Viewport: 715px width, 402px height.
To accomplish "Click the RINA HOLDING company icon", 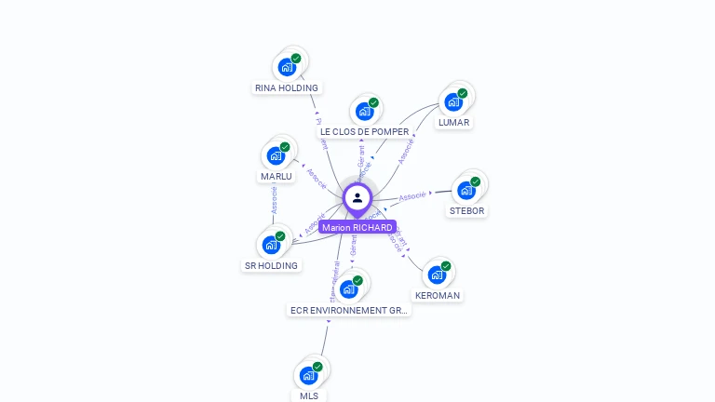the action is pyautogui.click(x=287, y=67).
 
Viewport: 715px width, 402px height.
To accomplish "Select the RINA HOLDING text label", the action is pyautogui.click(x=287, y=88).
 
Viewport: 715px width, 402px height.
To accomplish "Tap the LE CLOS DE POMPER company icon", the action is pyautogui.click(x=364, y=111).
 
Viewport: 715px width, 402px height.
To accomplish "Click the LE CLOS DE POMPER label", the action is pyautogui.click(x=365, y=132).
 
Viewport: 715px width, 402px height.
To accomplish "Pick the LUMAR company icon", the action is pyautogui.click(x=453, y=101).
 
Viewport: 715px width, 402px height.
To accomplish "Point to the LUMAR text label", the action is pyautogui.click(x=454, y=123).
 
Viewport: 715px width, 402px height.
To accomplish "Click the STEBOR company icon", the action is pyautogui.click(x=466, y=190).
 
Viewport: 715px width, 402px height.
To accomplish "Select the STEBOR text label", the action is pyautogui.click(x=466, y=211).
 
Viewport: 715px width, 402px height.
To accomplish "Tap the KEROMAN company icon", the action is pyautogui.click(x=437, y=275).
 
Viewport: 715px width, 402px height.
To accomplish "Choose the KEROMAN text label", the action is pyautogui.click(x=438, y=296).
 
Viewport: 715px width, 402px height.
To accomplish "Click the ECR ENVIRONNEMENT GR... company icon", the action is pyautogui.click(x=349, y=288).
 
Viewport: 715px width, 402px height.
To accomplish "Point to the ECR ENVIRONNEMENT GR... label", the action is pyautogui.click(x=349, y=311).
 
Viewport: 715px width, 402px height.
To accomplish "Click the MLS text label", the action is pyautogui.click(x=309, y=396).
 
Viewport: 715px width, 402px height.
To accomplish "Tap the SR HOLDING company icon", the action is pyautogui.click(x=271, y=245).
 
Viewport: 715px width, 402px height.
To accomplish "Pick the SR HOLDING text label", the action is pyautogui.click(x=272, y=266).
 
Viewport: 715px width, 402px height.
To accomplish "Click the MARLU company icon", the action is pyautogui.click(x=276, y=155).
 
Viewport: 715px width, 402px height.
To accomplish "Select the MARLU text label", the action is pyautogui.click(x=277, y=177).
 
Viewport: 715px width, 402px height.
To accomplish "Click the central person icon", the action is pyautogui.click(x=357, y=197).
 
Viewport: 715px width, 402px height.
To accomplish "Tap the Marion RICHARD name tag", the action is pyautogui.click(x=357, y=227).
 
